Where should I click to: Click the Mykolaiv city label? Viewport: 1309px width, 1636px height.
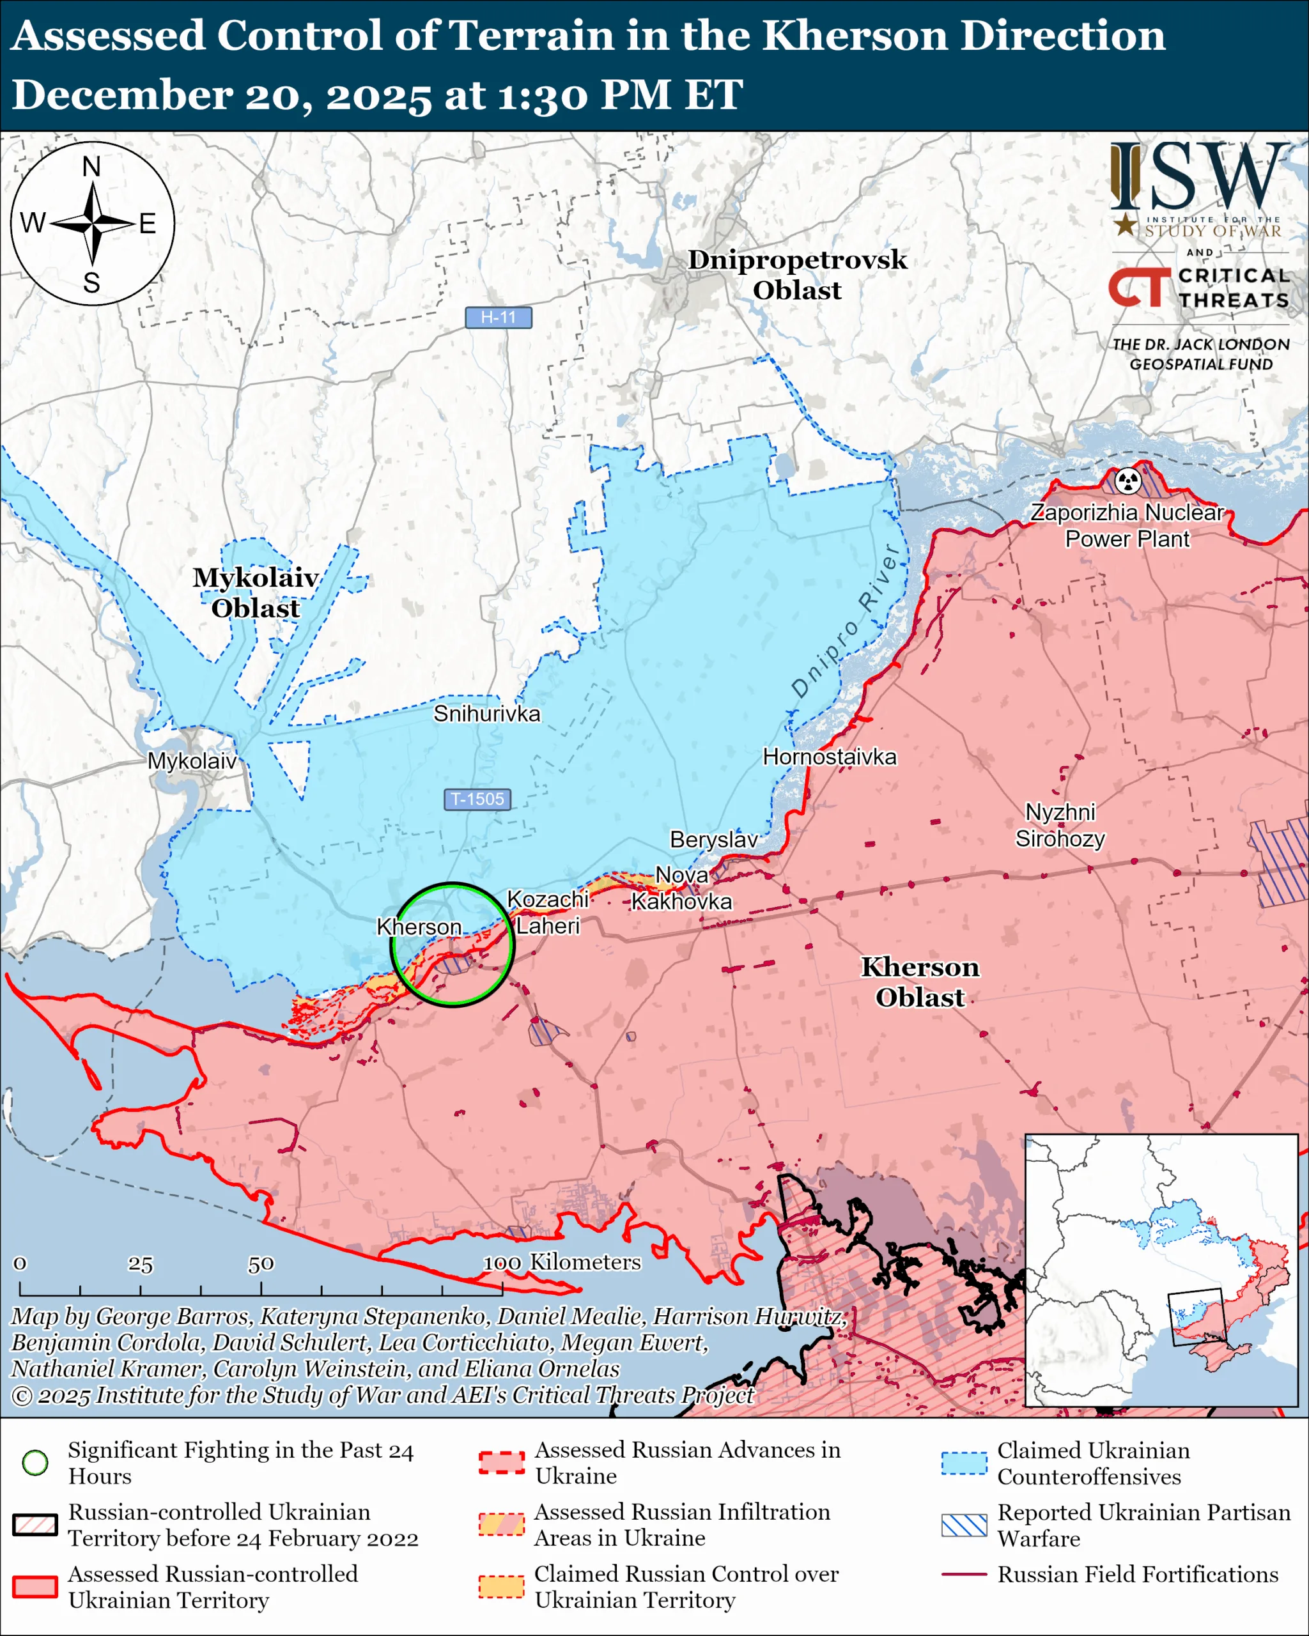coord(192,760)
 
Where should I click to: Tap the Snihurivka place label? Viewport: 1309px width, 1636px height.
coord(486,713)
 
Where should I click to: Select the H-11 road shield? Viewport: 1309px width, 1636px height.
coord(498,317)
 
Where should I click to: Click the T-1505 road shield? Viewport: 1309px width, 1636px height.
coord(477,799)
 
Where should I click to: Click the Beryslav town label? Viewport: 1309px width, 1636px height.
coord(713,839)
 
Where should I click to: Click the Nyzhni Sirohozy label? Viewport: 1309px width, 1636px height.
coord(1060,826)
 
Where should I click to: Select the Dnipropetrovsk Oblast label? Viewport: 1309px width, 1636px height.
coord(797,275)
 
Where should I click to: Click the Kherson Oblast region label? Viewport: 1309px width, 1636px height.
coord(920,982)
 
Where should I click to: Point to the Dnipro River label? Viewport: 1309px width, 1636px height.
coord(846,620)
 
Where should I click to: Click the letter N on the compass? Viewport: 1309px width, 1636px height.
coord(92,167)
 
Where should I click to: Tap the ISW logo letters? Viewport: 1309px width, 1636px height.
coord(1199,177)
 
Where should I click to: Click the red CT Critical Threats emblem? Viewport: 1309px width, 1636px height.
coord(1138,288)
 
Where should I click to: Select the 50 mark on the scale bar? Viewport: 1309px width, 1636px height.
coord(260,1264)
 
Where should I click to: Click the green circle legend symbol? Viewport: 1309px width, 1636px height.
coord(35,1462)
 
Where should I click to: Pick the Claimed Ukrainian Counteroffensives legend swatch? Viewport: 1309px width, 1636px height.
coord(964,1463)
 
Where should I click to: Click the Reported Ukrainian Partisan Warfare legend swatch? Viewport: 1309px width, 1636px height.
coord(964,1525)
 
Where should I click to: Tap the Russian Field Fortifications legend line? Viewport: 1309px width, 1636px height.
coord(964,1575)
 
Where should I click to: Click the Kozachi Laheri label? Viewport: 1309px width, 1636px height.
coord(547,912)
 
